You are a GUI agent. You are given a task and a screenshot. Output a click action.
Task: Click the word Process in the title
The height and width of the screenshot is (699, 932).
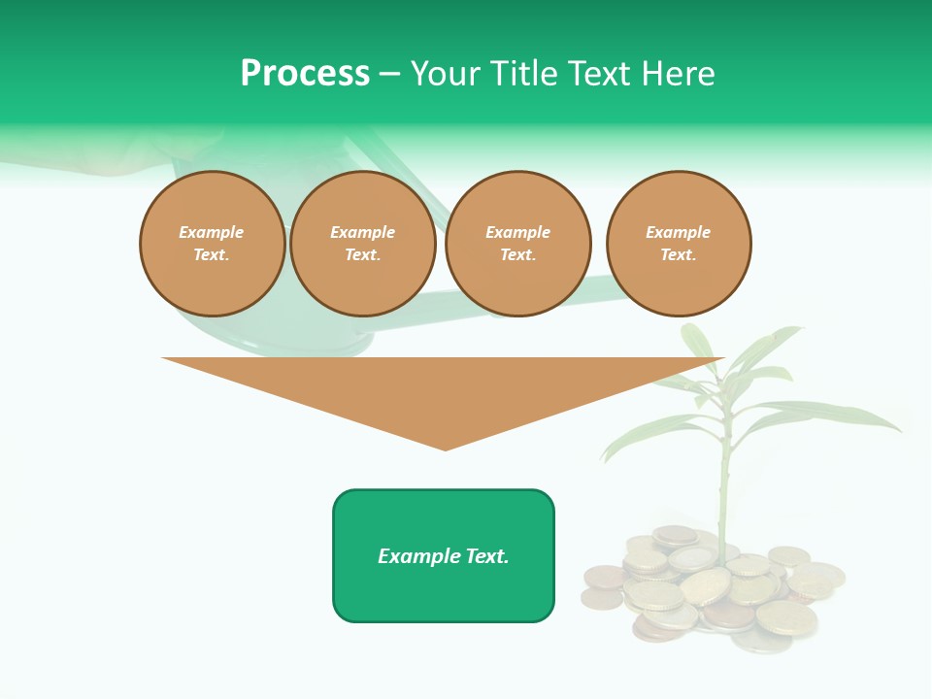click(305, 74)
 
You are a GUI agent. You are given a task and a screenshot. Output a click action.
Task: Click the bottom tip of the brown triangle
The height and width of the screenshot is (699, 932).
click(446, 448)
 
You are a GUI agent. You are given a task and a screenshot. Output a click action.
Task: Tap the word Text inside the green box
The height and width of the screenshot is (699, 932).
click(486, 556)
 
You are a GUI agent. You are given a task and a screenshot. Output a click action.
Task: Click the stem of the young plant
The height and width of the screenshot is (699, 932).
click(724, 485)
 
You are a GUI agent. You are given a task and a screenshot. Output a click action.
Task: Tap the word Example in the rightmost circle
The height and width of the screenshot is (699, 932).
click(679, 232)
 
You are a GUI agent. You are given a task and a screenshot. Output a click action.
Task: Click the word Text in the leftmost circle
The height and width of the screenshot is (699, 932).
click(212, 255)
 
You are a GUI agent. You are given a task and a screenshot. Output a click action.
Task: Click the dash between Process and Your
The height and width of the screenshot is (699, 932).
click(390, 75)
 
